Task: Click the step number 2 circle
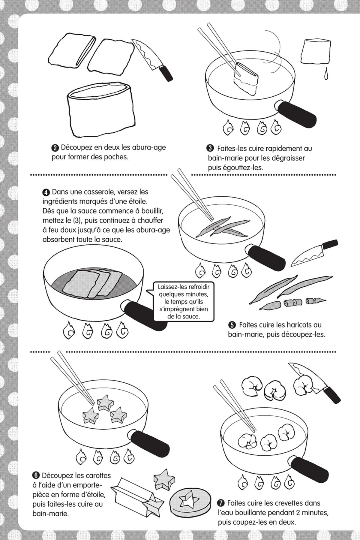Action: coord(55,148)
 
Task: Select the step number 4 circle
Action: coord(46,192)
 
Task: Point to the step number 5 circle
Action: coord(232,325)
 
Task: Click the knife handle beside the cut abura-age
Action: coord(165,73)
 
